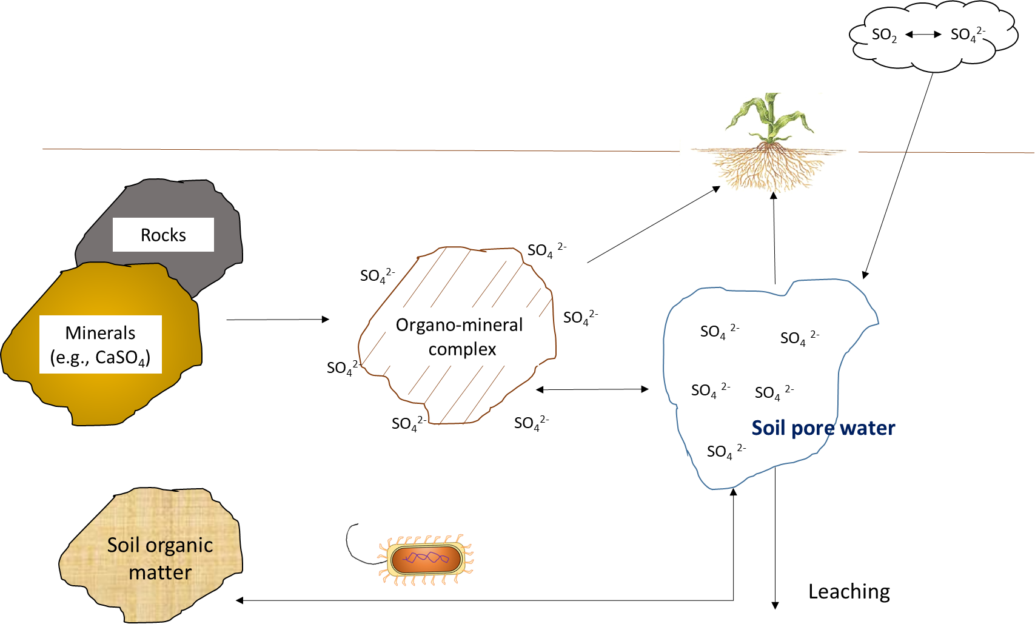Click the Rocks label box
pyautogui.click(x=163, y=235)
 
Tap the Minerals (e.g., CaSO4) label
pyautogui.click(x=100, y=344)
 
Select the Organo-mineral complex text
pyautogui.click(x=460, y=337)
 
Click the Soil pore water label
pyautogui.click(x=823, y=428)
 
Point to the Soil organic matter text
pyautogui.click(x=160, y=559)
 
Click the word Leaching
pyautogui.click(x=849, y=592)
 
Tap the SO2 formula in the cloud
pyautogui.click(x=884, y=35)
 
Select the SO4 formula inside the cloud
pyautogui.click(x=968, y=35)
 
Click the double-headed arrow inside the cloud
pyautogui.click(x=923, y=35)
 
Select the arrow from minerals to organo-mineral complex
pyautogui.click(x=278, y=320)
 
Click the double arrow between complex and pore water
pyautogui.click(x=592, y=390)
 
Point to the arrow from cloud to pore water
pyautogui.click(x=898, y=176)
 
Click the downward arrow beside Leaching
pyautogui.click(x=775, y=538)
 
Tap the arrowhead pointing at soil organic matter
pyautogui.click(x=239, y=600)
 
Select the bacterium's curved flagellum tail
pyautogui.click(x=360, y=545)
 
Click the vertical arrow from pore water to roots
pyautogui.click(x=774, y=238)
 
